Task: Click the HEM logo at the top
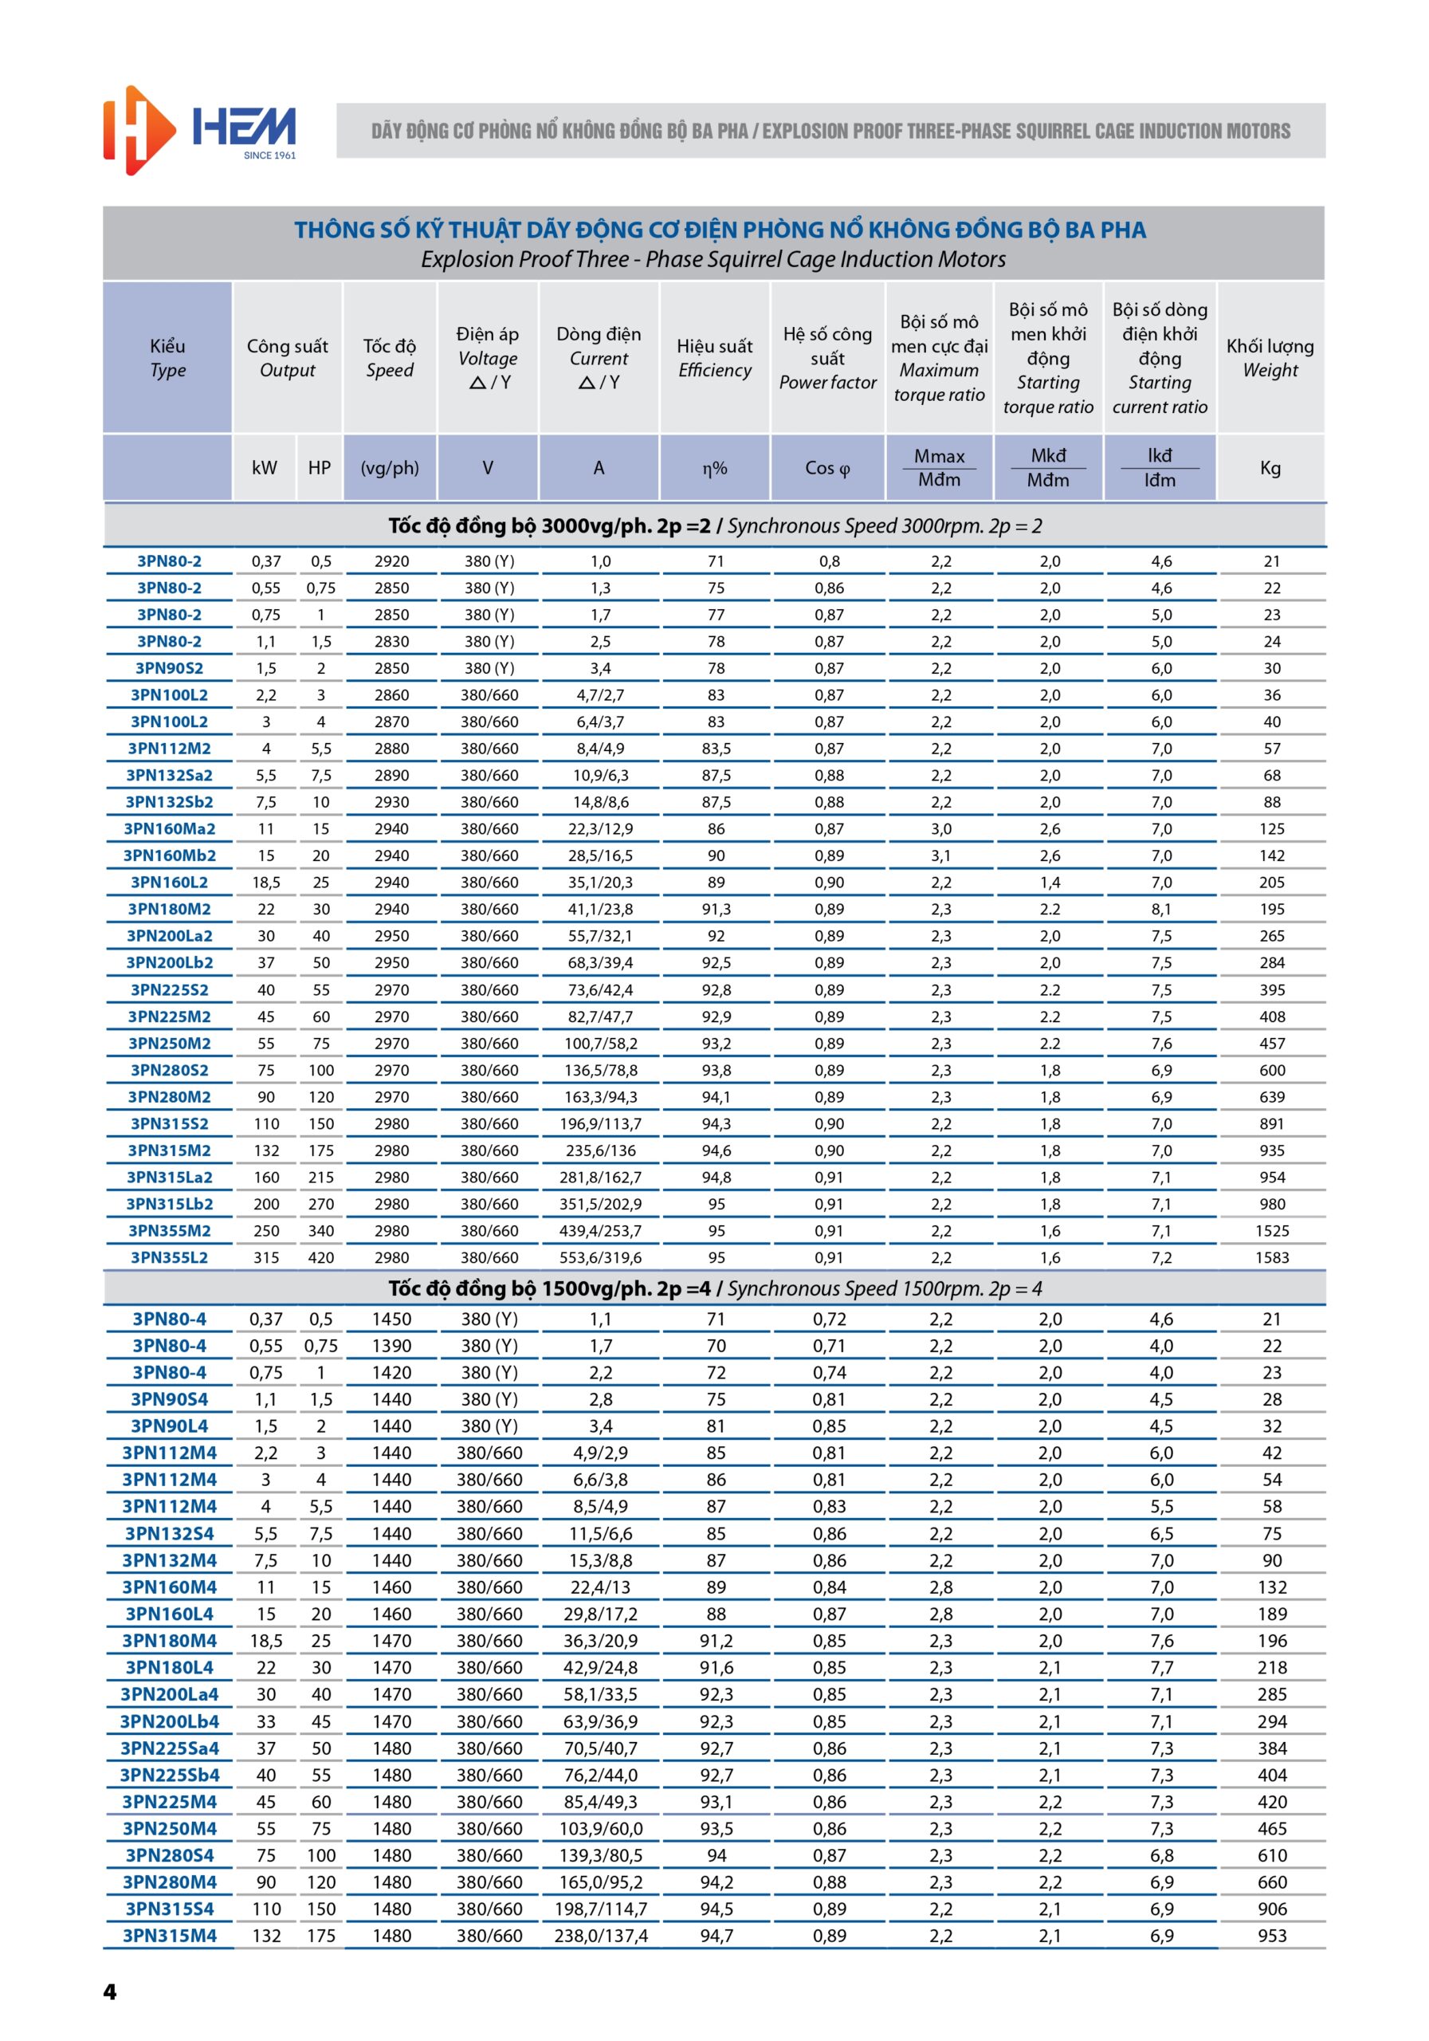click(200, 130)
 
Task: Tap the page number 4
click(110, 1992)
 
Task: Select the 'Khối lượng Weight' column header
click(1270, 358)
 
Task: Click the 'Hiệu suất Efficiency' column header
click(714, 358)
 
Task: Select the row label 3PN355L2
click(169, 1258)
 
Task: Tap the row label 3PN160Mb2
click(169, 856)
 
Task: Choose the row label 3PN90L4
click(169, 1426)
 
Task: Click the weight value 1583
click(1272, 1258)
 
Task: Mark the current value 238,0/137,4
click(601, 1936)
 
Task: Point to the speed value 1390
click(392, 1346)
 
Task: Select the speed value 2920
click(392, 562)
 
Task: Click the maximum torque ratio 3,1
click(941, 856)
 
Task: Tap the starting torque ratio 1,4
click(1050, 883)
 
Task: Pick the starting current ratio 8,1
click(1160, 910)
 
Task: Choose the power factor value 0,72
click(829, 1319)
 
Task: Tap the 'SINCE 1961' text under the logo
click(269, 155)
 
